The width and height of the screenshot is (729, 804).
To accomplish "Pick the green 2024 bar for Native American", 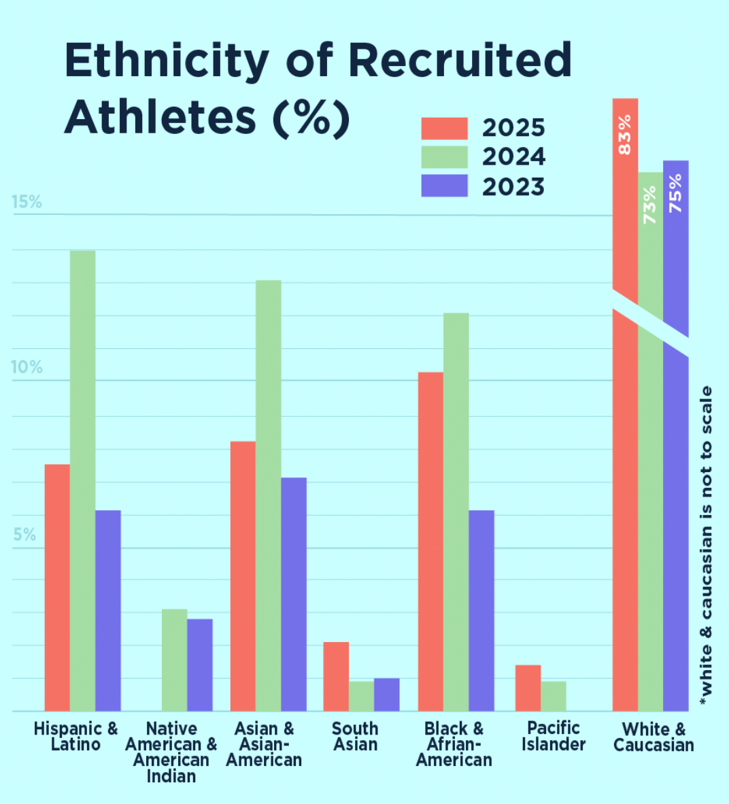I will (x=174, y=660).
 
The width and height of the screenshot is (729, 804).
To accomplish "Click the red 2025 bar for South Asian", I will (x=336, y=676).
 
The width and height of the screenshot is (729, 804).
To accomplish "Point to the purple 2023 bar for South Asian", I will (x=386, y=694).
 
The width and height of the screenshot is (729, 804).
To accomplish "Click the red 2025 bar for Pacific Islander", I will (x=528, y=688).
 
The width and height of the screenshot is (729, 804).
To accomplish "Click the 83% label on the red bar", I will (x=625, y=134).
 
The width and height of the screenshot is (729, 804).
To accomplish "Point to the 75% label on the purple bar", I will (x=675, y=193).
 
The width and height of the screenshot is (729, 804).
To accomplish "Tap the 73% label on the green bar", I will (x=650, y=205).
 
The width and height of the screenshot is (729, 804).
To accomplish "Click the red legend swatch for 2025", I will (x=444, y=129).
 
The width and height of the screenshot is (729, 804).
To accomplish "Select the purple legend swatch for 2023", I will (x=444, y=186).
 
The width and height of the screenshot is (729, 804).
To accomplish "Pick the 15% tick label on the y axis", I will (x=27, y=202).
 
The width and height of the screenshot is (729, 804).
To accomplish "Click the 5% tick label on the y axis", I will (x=24, y=535).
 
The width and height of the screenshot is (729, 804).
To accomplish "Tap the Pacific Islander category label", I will (x=553, y=736).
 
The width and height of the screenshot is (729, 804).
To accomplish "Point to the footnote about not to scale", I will (x=707, y=544).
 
